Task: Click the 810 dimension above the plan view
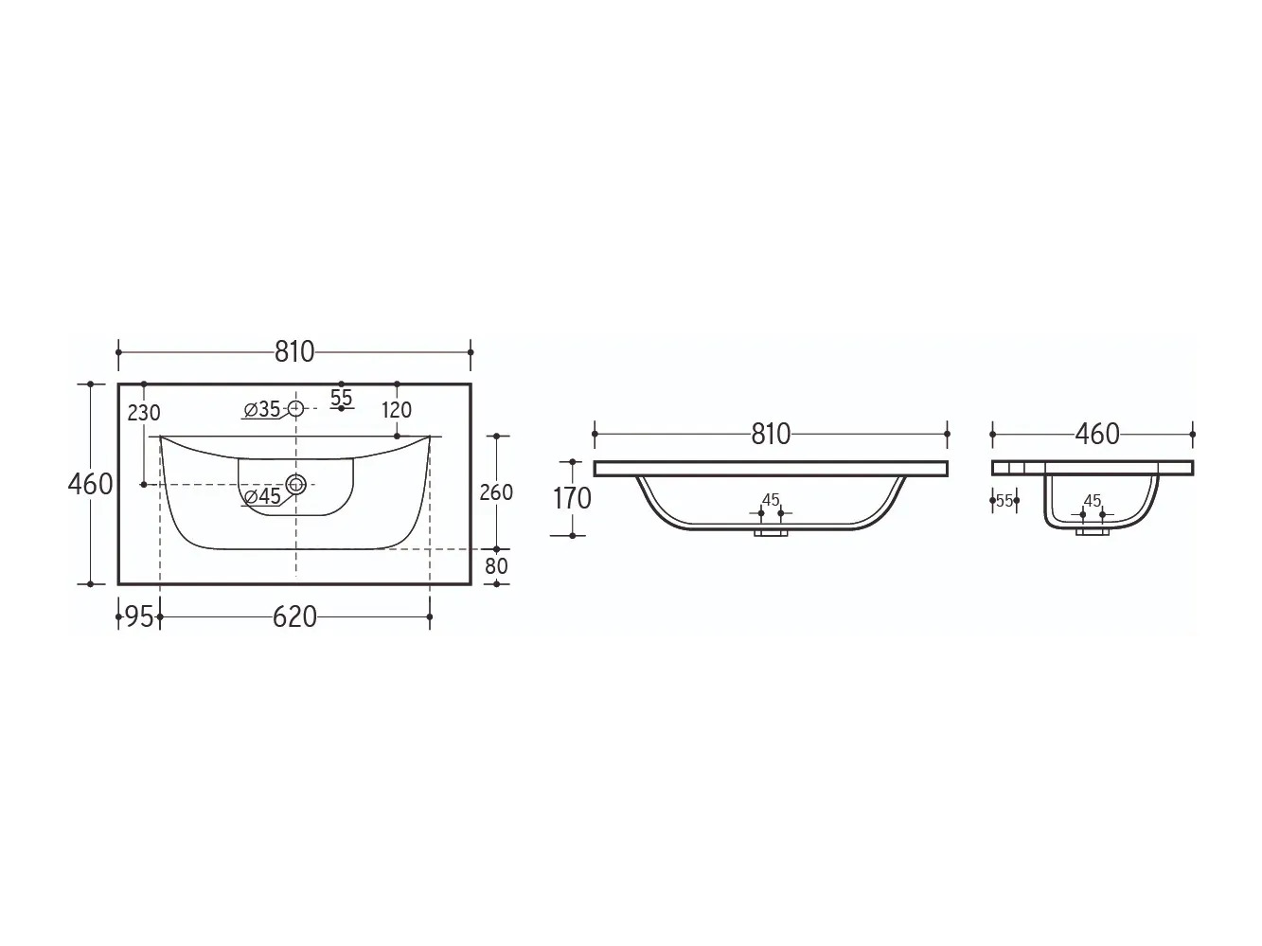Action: (x=293, y=352)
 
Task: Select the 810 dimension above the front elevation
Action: (x=771, y=435)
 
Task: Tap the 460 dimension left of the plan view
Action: (x=90, y=484)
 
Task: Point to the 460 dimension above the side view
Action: (x=1097, y=435)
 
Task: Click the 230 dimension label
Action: (x=144, y=413)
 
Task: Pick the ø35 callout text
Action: (x=262, y=409)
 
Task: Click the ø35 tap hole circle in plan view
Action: (x=295, y=409)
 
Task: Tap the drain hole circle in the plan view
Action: (x=296, y=484)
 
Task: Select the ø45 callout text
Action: (x=263, y=495)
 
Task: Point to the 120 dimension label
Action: (x=397, y=410)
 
